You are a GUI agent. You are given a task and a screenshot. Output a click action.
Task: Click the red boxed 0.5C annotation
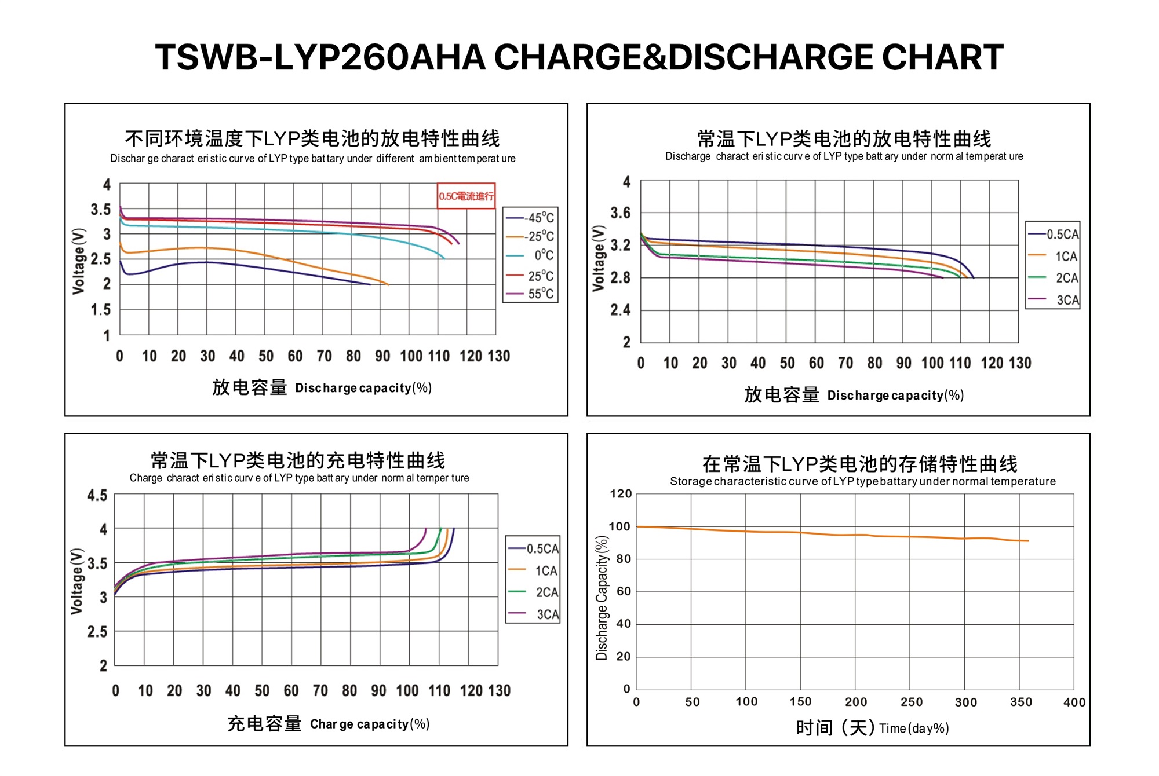[x=466, y=196]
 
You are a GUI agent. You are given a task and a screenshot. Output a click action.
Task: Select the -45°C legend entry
[x=531, y=218]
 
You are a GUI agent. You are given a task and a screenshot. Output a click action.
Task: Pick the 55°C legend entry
[x=531, y=294]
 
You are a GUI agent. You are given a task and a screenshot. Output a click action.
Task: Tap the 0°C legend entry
[x=531, y=255]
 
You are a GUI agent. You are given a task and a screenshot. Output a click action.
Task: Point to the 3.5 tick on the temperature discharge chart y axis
[x=100, y=209]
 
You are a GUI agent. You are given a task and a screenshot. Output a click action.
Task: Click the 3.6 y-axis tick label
[x=620, y=213]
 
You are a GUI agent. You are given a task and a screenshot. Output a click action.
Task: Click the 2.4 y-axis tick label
[x=620, y=310]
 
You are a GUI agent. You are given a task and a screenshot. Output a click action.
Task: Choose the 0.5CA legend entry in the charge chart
[x=534, y=548]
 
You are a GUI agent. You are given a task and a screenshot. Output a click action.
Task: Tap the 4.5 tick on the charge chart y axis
[x=97, y=495]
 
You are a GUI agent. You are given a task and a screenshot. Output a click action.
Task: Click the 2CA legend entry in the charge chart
[x=534, y=592]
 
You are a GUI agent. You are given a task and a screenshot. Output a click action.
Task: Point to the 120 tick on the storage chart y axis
[x=621, y=494]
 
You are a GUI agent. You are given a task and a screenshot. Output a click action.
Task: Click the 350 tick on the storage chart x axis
[x=1021, y=702]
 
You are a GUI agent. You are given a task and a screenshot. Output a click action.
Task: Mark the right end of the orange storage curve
[x=1028, y=541]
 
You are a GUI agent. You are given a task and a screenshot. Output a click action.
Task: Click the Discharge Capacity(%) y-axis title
[x=602, y=598]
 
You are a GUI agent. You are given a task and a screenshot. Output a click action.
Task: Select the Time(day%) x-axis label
[x=914, y=729]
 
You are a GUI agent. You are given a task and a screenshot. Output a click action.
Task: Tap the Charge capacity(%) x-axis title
[x=370, y=724]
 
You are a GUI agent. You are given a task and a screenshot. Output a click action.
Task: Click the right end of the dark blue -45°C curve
[x=370, y=284]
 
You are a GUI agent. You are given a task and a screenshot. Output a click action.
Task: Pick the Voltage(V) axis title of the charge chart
[x=76, y=581]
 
